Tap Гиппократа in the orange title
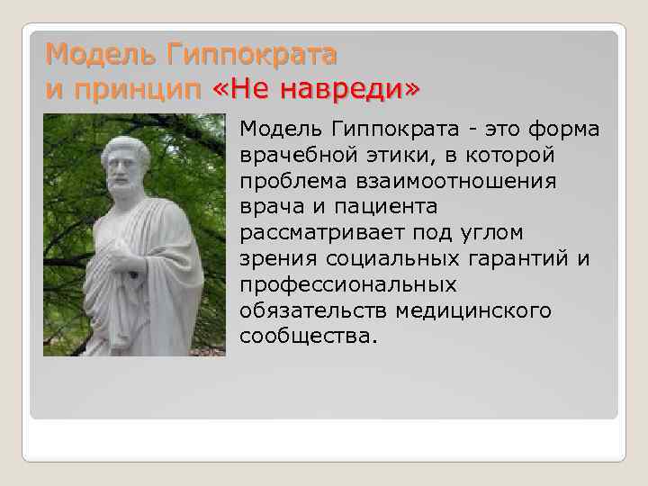tap(251, 56)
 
